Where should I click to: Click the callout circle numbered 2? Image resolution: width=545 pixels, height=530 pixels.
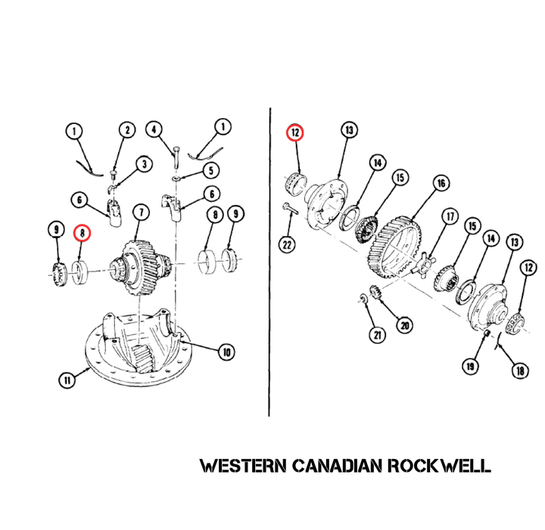coord(127,130)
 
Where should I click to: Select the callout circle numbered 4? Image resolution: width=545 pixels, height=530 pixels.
coord(154,129)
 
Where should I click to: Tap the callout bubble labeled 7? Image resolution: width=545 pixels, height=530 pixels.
coord(141,212)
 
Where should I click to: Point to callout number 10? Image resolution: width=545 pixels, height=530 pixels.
coord(226,352)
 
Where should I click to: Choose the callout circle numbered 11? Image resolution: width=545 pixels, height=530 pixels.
coord(67,380)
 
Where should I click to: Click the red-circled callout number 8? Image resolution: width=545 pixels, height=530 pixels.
coord(83,233)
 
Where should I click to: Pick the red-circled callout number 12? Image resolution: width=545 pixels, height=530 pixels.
coord(295,132)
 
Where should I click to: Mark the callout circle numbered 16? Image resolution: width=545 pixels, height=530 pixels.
coord(441,183)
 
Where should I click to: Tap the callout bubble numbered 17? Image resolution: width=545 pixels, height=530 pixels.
coord(450,216)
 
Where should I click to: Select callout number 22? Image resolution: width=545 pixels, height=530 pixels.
coord(287,245)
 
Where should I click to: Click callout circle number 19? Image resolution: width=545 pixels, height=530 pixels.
coord(470,366)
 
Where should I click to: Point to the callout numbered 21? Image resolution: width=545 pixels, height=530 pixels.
coord(377,335)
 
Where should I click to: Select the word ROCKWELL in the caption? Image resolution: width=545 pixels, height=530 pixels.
coord(439,466)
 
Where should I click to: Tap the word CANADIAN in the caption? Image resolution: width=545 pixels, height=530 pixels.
coord(337,466)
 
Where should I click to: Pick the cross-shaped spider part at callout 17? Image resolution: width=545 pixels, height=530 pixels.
coord(422,265)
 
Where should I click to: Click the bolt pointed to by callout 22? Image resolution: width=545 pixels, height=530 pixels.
coord(290,209)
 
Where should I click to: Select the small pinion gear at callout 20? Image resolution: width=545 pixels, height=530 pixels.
coord(375,292)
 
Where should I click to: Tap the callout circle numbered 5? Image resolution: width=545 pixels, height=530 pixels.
coord(211,171)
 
